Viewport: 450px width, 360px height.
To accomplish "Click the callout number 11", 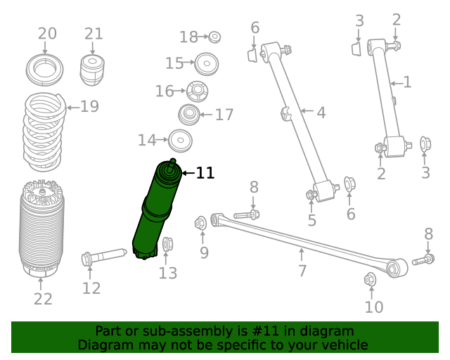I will [x=205, y=173].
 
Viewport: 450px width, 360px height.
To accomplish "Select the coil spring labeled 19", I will [x=45, y=132].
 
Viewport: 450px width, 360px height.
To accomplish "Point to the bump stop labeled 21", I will [x=93, y=70].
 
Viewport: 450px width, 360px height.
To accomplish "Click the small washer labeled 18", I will [x=215, y=37].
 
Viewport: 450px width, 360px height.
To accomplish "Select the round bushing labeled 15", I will [x=206, y=64].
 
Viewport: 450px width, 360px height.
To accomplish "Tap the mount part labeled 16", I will [x=197, y=91].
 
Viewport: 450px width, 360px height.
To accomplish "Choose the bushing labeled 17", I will [x=188, y=115].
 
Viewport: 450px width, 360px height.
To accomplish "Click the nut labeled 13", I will [x=167, y=245].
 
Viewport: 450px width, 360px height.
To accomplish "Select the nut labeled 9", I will [x=200, y=224].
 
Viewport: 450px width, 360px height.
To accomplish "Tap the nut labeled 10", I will [x=371, y=280].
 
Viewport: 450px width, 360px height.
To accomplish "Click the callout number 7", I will [x=302, y=271].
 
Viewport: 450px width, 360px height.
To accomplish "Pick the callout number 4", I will [x=321, y=112].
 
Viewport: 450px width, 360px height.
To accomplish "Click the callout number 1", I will [x=406, y=82].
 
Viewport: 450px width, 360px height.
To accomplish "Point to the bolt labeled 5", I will [x=311, y=194].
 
